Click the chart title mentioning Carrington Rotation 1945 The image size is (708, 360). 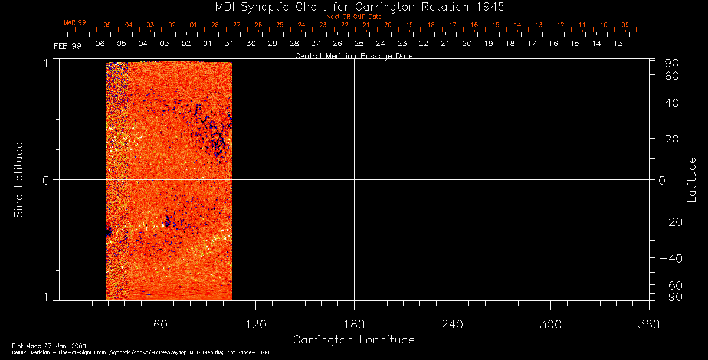(x=353, y=7)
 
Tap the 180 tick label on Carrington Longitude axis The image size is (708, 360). (x=354, y=324)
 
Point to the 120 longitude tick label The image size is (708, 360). (x=256, y=324)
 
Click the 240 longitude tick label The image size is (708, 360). (x=452, y=324)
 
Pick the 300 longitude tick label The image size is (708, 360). (x=550, y=324)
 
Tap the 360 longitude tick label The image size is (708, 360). (x=648, y=324)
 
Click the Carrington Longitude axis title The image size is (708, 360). (x=353, y=341)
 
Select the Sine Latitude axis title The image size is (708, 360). (x=19, y=180)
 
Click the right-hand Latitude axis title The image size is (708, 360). (x=691, y=180)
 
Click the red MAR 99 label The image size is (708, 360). (x=75, y=22)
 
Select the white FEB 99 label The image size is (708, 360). (x=67, y=45)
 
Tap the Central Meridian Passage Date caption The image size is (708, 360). (x=353, y=56)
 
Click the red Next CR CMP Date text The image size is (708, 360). (x=353, y=17)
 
